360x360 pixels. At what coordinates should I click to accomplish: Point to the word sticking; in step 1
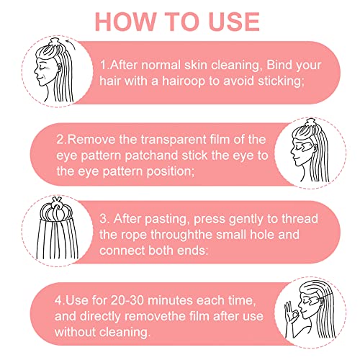click(x=281, y=81)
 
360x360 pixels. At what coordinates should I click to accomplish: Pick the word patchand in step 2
click(x=152, y=156)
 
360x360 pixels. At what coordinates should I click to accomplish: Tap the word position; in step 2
click(x=171, y=172)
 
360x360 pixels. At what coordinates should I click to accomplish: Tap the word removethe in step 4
click(x=156, y=316)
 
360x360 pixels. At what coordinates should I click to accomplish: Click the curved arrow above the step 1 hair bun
click(x=71, y=43)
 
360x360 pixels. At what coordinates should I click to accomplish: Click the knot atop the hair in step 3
click(x=57, y=204)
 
